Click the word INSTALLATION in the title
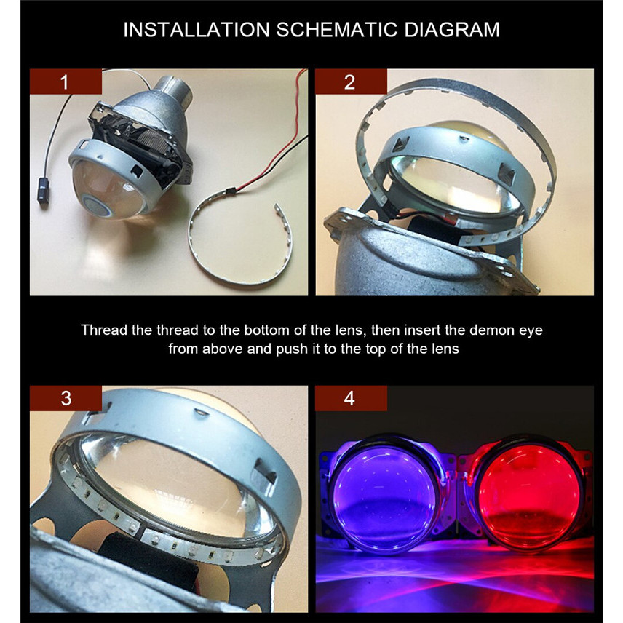pyautogui.click(x=197, y=30)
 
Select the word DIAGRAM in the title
pyautogui.click(x=452, y=30)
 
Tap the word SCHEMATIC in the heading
pyautogui.click(x=337, y=30)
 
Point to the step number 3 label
pyautogui.click(x=66, y=398)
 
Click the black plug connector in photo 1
pyautogui.click(x=44, y=191)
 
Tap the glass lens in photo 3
pyautogui.click(x=175, y=488)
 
